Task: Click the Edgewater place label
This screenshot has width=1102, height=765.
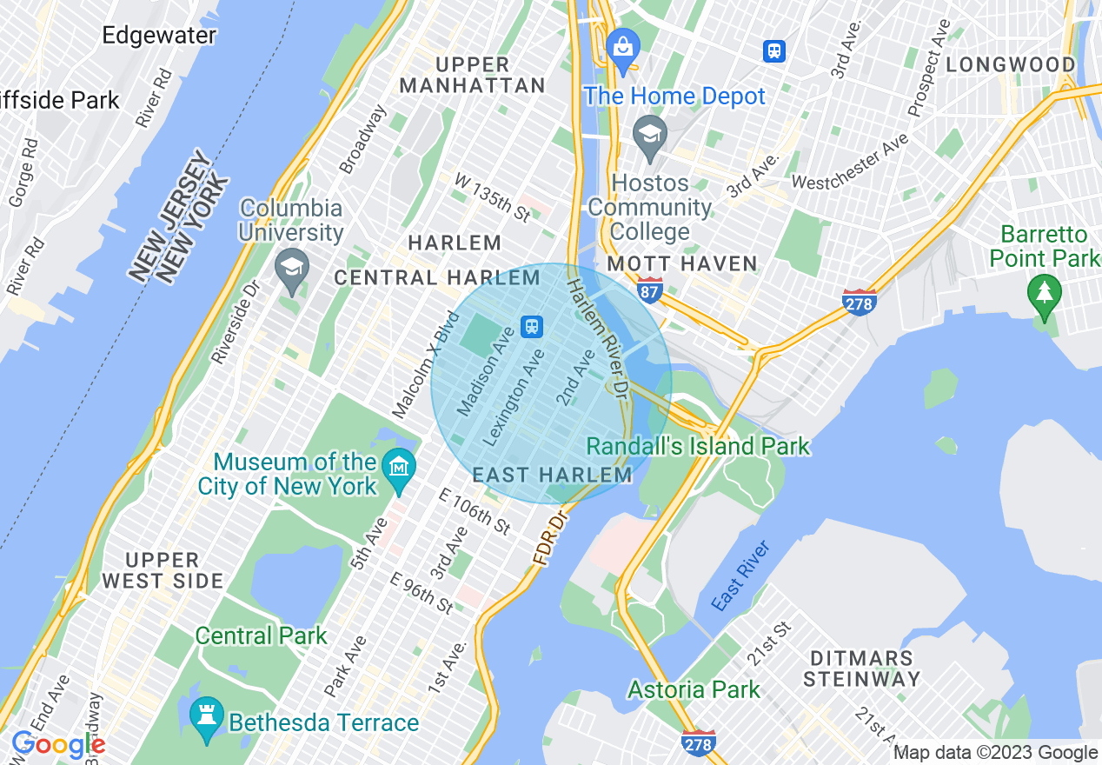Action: coord(159,36)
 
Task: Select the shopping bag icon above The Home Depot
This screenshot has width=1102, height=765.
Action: coord(623,45)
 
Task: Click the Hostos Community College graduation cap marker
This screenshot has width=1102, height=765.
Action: coord(650,135)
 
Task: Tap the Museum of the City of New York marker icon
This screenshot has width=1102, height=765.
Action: coord(399,467)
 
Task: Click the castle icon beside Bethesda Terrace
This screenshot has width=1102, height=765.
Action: coord(207,718)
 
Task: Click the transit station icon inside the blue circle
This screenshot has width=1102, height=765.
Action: coord(531,327)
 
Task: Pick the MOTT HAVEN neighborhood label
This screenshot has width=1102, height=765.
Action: coord(682,263)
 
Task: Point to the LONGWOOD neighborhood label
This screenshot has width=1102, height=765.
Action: coord(1011,64)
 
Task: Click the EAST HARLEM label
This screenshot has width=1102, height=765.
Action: coord(553,476)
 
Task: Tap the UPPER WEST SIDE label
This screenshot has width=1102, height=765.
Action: coord(163,570)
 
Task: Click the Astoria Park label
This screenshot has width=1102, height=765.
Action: coord(694,690)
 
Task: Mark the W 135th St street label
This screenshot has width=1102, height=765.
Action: coord(492,197)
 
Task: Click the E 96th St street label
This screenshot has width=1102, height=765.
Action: coord(422,592)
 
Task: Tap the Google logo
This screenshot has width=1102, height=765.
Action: coord(58,745)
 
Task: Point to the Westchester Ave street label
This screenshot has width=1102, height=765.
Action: coord(850,161)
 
